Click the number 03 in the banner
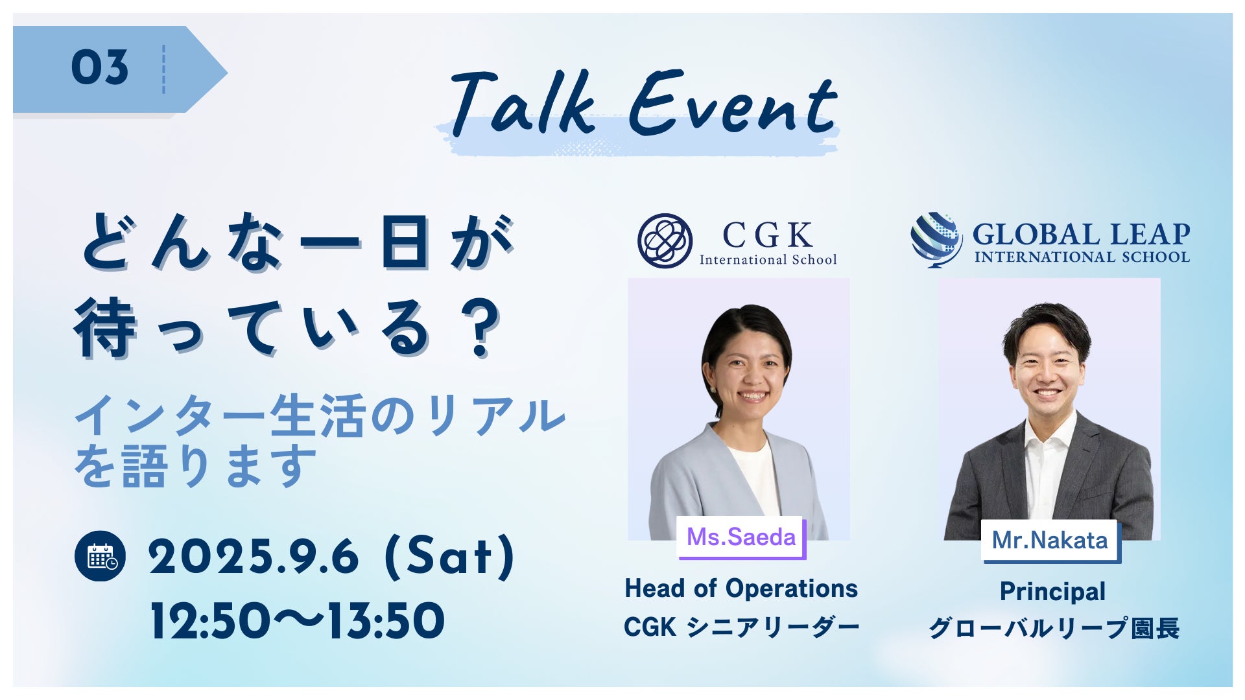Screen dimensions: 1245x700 pos(100,67)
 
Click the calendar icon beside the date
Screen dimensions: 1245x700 pos(100,556)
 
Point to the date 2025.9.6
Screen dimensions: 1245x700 pos(254,557)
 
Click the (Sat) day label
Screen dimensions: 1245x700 pos(450,557)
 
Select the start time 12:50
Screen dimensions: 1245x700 pos(209,621)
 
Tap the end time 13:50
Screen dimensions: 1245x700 pos(385,621)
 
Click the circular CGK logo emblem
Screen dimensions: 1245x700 pos(665,241)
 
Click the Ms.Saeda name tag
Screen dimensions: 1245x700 pos(741,537)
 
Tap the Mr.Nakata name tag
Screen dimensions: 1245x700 pos(1050,541)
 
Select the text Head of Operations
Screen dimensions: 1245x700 pos(741,589)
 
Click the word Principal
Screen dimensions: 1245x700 pos(1052,592)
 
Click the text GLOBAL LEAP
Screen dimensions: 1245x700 pos(1081,234)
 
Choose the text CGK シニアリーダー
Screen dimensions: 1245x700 pos(741,627)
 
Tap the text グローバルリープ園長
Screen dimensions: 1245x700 pos(1053,628)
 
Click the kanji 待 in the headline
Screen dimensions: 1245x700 pos(105,328)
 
